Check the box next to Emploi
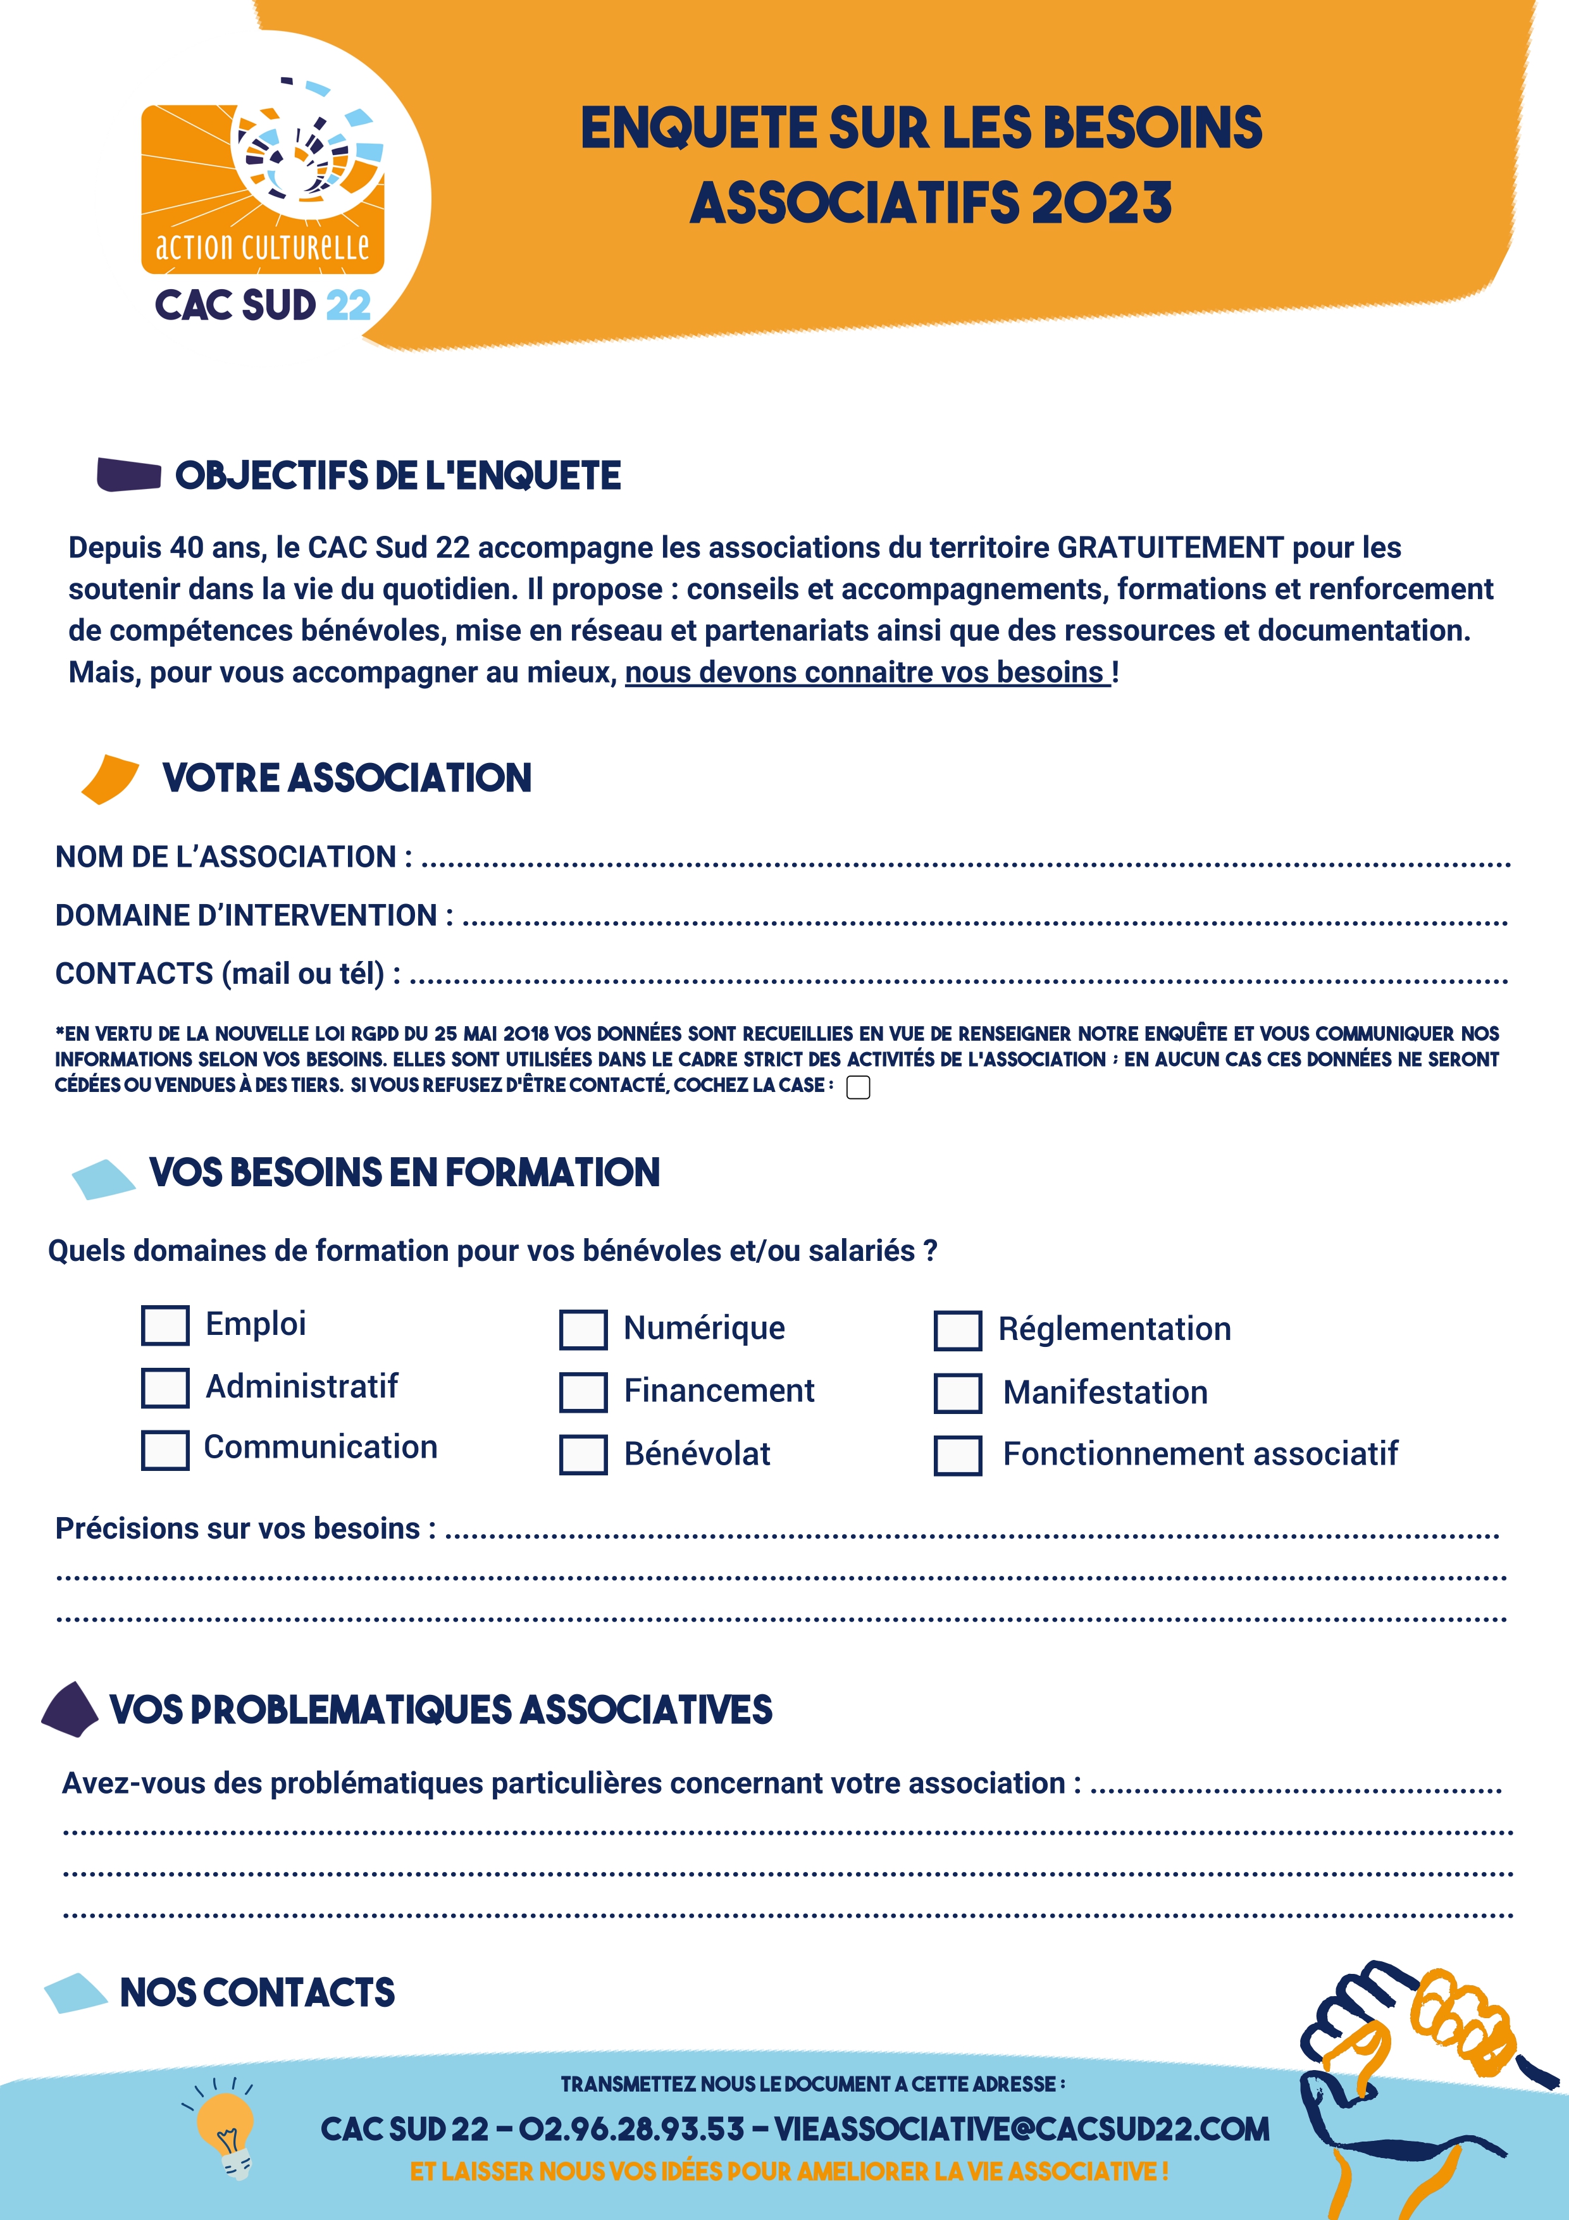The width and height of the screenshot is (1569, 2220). tap(165, 1325)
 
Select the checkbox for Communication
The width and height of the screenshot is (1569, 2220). tap(165, 1450)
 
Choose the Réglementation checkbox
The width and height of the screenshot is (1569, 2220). tap(957, 1330)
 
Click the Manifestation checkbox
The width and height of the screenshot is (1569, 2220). tap(957, 1393)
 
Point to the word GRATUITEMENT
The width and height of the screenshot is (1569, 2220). tap(1170, 549)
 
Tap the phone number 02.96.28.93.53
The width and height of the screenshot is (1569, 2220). tap(631, 2129)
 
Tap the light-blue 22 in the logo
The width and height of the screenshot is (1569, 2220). tap(348, 306)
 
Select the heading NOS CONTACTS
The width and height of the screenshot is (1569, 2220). tap(257, 1993)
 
